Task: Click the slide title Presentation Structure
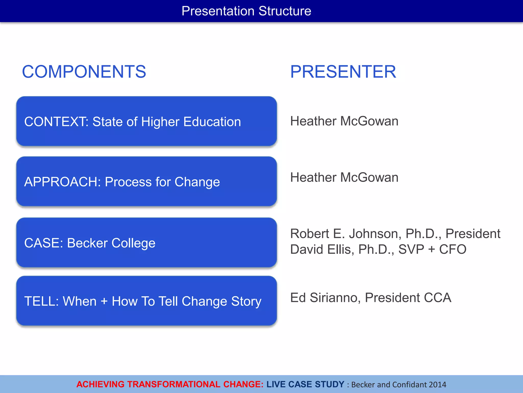[x=246, y=11]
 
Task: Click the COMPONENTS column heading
[x=84, y=72]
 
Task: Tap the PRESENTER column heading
[x=343, y=72]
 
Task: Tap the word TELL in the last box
[x=40, y=301]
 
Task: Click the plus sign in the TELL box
[x=104, y=301]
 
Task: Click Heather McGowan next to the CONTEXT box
[x=344, y=121]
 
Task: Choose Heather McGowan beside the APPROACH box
[x=344, y=178]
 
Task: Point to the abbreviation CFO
[x=453, y=249]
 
